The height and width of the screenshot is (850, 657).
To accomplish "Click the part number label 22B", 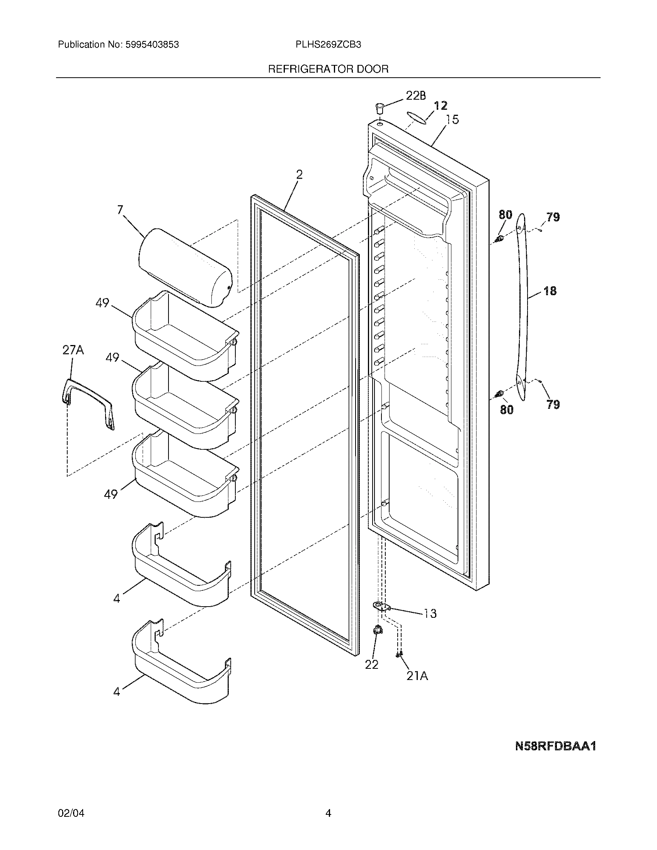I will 416,96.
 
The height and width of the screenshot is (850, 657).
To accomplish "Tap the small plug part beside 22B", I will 380,107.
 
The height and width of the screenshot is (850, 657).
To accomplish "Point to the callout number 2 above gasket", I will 299,175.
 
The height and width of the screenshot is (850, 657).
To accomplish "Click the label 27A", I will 73,350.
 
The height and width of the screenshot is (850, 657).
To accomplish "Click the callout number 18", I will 550,291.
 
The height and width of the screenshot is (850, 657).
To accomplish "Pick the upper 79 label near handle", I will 553,217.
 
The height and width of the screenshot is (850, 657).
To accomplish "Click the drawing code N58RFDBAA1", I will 555,746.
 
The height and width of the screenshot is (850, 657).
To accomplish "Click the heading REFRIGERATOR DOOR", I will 328,69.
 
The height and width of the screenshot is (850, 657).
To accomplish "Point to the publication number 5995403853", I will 152,45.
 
